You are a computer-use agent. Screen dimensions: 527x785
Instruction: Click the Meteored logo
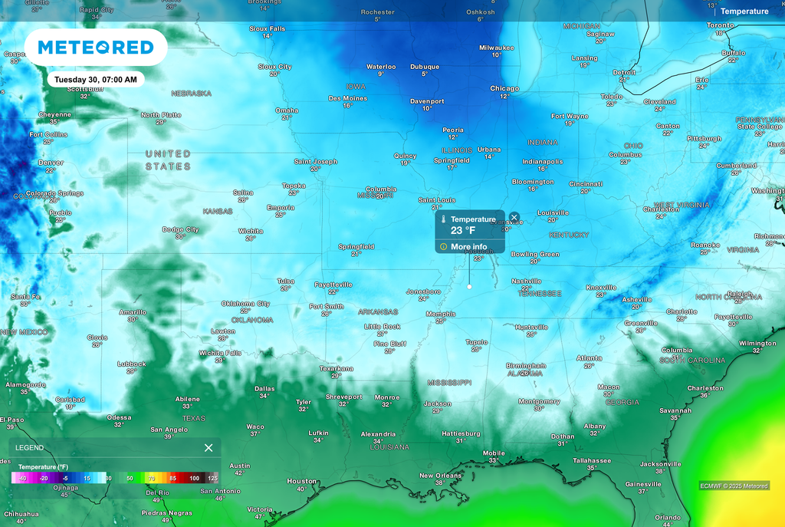click(96, 48)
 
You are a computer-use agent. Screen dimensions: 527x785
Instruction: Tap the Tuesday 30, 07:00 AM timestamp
click(96, 80)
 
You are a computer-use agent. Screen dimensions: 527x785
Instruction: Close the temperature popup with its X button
click(514, 218)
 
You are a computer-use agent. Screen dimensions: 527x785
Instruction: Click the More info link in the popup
click(468, 247)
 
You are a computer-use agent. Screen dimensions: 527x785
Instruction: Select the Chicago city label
click(504, 89)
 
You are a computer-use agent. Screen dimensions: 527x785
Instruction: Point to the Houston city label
click(301, 481)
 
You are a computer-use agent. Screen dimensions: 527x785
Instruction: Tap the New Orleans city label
click(440, 476)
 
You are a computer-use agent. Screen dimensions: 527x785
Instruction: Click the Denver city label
click(51, 163)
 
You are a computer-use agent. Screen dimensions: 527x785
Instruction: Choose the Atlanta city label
click(589, 357)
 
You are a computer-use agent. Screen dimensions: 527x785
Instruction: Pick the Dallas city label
click(264, 389)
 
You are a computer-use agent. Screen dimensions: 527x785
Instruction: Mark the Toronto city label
click(720, 25)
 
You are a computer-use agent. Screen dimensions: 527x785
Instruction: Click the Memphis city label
click(440, 314)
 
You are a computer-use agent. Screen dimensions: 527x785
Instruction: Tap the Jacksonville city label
click(660, 464)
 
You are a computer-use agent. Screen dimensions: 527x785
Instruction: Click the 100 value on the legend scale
click(195, 478)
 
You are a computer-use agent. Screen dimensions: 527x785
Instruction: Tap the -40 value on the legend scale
click(22, 478)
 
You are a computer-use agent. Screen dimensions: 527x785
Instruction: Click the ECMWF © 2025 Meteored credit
click(734, 486)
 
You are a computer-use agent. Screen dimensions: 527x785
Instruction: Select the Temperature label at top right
click(744, 12)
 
